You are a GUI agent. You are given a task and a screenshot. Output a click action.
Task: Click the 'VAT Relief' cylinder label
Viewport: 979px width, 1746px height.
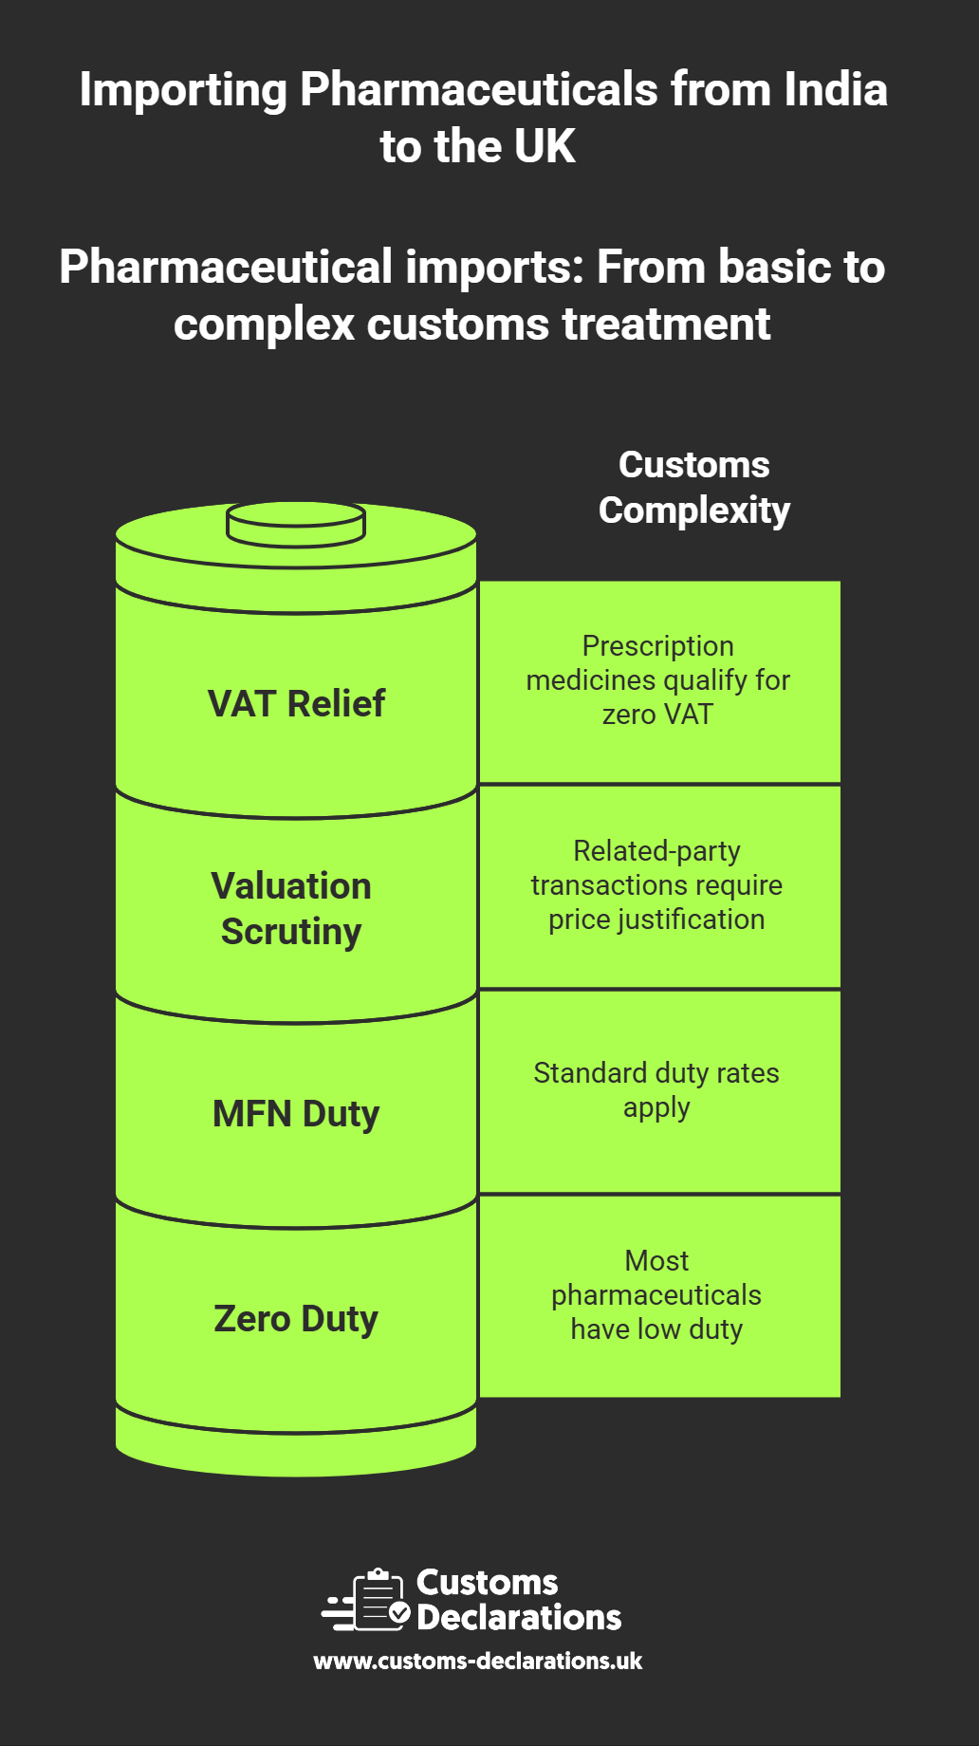click(296, 704)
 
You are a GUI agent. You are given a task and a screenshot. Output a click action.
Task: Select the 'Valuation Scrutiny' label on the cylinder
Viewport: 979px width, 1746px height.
click(291, 908)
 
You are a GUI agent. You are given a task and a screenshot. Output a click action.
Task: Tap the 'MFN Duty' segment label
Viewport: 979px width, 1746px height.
click(296, 1113)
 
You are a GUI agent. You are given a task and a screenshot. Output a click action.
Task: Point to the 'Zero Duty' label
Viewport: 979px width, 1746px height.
click(296, 1318)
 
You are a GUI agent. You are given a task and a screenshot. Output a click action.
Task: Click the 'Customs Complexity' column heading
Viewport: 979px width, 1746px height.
click(694, 487)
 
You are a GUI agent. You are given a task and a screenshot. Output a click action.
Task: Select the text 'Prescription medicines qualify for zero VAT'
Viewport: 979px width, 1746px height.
click(657, 679)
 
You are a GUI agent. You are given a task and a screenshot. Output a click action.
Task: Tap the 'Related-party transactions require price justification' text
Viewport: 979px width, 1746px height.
click(656, 884)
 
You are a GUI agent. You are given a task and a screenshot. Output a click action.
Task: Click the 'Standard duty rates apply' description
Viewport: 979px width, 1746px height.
click(656, 1089)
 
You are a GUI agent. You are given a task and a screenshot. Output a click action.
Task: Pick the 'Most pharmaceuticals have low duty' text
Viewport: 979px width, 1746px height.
click(656, 1294)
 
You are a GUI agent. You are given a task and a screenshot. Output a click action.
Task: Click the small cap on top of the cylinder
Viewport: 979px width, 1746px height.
click(296, 524)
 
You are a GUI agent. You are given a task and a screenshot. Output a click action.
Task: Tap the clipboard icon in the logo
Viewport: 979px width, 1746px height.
click(377, 1600)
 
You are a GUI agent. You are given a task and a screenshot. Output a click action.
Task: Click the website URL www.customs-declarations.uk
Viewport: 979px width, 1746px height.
click(478, 1661)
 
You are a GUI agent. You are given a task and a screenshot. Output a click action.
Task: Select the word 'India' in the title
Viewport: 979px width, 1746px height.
click(835, 90)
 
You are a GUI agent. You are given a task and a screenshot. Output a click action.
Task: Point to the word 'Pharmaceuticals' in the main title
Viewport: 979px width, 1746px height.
click(479, 90)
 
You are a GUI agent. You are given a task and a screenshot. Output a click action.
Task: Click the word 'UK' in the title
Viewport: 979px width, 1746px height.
click(545, 147)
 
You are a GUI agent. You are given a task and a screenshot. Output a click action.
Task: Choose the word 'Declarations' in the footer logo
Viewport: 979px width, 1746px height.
click(519, 1617)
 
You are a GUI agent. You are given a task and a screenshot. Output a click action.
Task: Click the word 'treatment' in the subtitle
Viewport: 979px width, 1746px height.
click(666, 325)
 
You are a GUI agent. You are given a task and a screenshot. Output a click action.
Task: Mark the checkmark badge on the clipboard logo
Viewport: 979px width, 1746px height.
click(399, 1612)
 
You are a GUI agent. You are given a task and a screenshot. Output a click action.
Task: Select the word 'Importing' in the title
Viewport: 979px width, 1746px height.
click(183, 90)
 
